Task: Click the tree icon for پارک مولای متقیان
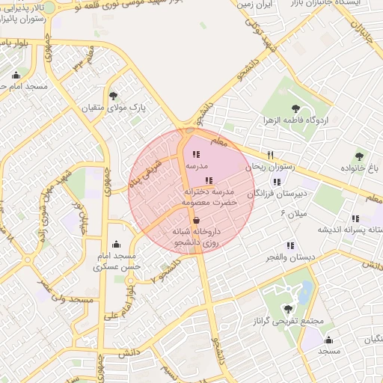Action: tap(114, 96)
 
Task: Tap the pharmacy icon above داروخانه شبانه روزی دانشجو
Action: tap(196, 221)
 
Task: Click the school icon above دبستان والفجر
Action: tap(290, 245)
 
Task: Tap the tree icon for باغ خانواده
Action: tap(359, 157)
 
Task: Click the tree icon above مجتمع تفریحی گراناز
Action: tap(289, 308)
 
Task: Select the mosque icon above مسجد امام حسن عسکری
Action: tap(115, 245)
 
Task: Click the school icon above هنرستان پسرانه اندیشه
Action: tap(356, 218)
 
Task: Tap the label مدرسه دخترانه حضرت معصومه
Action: tap(210, 197)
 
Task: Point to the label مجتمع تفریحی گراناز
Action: tap(296, 321)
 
